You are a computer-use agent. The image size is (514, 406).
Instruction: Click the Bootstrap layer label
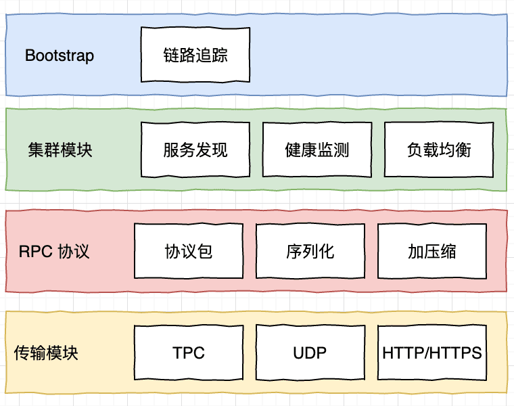click(x=60, y=55)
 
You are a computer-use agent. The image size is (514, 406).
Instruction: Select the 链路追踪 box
click(x=195, y=55)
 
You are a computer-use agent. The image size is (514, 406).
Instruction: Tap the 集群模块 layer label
click(x=60, y=150)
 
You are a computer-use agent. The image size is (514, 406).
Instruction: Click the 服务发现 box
click(x=195, y=150)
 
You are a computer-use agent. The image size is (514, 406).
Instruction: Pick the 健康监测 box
click(x=317, y=150)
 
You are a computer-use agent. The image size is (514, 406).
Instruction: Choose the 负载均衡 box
click(x=439, y=150)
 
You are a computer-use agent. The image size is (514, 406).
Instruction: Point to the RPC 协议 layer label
click(x=54, y=252)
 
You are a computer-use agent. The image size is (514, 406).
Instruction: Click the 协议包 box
click(x=189, y=252)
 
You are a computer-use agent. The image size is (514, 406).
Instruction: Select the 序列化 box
click(x=310, y=252)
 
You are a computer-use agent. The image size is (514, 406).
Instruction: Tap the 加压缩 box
click(x=432, y=252)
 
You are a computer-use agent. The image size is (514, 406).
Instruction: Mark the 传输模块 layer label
click(x=46, y=353)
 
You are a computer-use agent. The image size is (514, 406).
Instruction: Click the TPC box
click(x=189, y=353)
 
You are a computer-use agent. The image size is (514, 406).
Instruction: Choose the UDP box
click(x=310, y=353)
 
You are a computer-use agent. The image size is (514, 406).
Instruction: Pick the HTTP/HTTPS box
click(x=432, y=353)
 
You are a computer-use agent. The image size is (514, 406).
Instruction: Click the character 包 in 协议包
click(x=205, y=252)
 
